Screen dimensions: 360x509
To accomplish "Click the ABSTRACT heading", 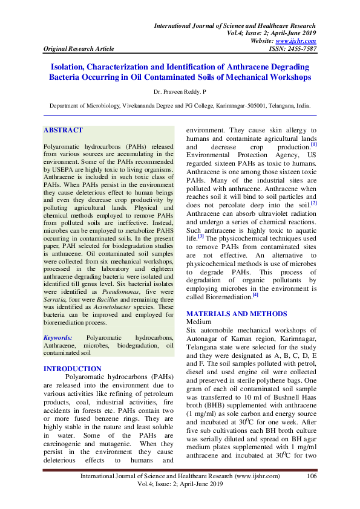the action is pos(63,131).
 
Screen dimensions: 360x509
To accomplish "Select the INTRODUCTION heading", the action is pos(73,369).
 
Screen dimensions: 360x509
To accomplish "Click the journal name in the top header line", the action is pos(235,26).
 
